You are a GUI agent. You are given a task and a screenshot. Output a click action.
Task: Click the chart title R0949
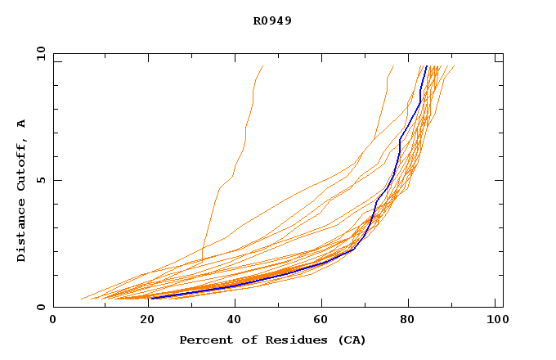pos(272,20)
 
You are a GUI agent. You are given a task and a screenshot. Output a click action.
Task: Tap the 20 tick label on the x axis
pos(142,322)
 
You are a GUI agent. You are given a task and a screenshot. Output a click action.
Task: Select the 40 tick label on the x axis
pos(231,322)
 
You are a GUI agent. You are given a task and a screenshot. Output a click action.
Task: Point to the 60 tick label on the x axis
pos(319,322)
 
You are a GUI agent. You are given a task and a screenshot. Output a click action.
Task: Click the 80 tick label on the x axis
pos(407,322)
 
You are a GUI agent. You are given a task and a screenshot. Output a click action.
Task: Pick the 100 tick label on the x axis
pos(495,322)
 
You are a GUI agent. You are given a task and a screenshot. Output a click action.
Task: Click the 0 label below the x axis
pos(53,322)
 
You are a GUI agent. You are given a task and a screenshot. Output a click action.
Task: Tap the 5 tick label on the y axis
pos(40,180)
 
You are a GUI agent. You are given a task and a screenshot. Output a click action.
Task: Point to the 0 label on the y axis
pos(40,307)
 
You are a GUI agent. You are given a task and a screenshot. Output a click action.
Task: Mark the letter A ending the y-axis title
pos(21,124)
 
